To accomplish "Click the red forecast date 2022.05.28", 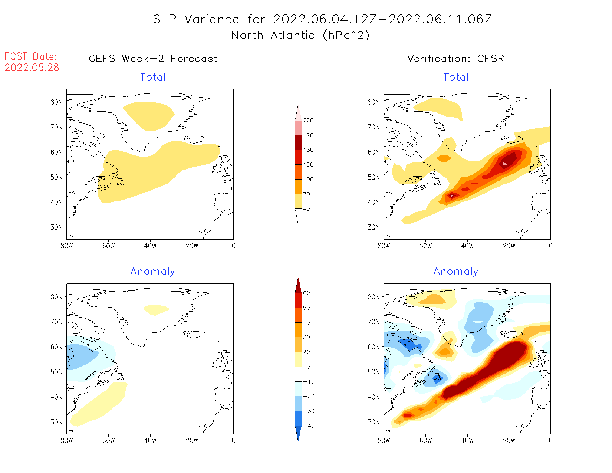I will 32,68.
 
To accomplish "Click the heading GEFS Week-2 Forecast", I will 153,59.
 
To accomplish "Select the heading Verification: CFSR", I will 456,59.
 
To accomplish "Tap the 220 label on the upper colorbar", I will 308,121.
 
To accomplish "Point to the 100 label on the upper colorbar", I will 308,180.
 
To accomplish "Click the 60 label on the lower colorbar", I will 306,293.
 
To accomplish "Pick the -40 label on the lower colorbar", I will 309,426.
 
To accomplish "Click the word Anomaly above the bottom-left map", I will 152,272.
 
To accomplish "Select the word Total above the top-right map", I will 456,77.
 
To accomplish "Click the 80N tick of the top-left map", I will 57,102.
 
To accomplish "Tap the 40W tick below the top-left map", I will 150,246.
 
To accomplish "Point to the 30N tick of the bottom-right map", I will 374,422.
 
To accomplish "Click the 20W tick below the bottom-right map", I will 509,441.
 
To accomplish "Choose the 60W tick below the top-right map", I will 425,246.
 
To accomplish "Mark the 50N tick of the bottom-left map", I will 57,372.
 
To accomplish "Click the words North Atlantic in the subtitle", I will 273,36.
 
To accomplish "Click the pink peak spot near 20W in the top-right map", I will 504,164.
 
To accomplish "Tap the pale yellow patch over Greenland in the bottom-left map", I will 156,309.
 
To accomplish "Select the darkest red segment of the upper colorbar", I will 298,142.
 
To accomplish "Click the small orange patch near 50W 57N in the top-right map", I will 444,158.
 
